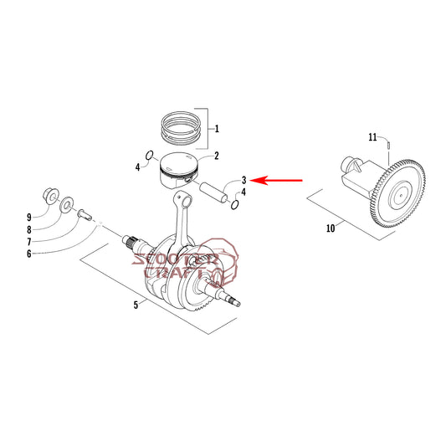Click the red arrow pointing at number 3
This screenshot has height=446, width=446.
click(276, 180)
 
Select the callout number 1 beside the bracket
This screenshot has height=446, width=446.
click(217, 129)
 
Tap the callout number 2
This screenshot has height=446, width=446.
click(217, 156)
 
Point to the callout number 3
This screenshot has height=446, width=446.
click(244, 181)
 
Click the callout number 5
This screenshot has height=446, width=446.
click(136, 305)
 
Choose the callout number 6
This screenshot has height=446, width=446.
click(29, 254)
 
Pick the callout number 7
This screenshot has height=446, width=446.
click(29, 242)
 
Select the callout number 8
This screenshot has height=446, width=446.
click(29, 229)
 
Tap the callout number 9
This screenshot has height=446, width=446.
click(29, 218)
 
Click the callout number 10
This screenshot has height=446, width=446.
click(331, 228)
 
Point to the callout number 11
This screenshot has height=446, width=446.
click(372, 137)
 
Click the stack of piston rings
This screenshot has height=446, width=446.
click(182, 128)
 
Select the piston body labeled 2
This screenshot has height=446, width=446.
click(178, 171)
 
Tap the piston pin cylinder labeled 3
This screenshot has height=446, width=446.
click(213, 192)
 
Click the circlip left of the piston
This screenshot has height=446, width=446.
click(149, 156)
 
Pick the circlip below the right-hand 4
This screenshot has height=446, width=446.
click(234, 205)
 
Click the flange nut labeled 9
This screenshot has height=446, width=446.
click(51, 195)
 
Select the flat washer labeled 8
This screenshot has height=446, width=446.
click(66, 204)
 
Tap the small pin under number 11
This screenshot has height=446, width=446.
click(388, 145)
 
